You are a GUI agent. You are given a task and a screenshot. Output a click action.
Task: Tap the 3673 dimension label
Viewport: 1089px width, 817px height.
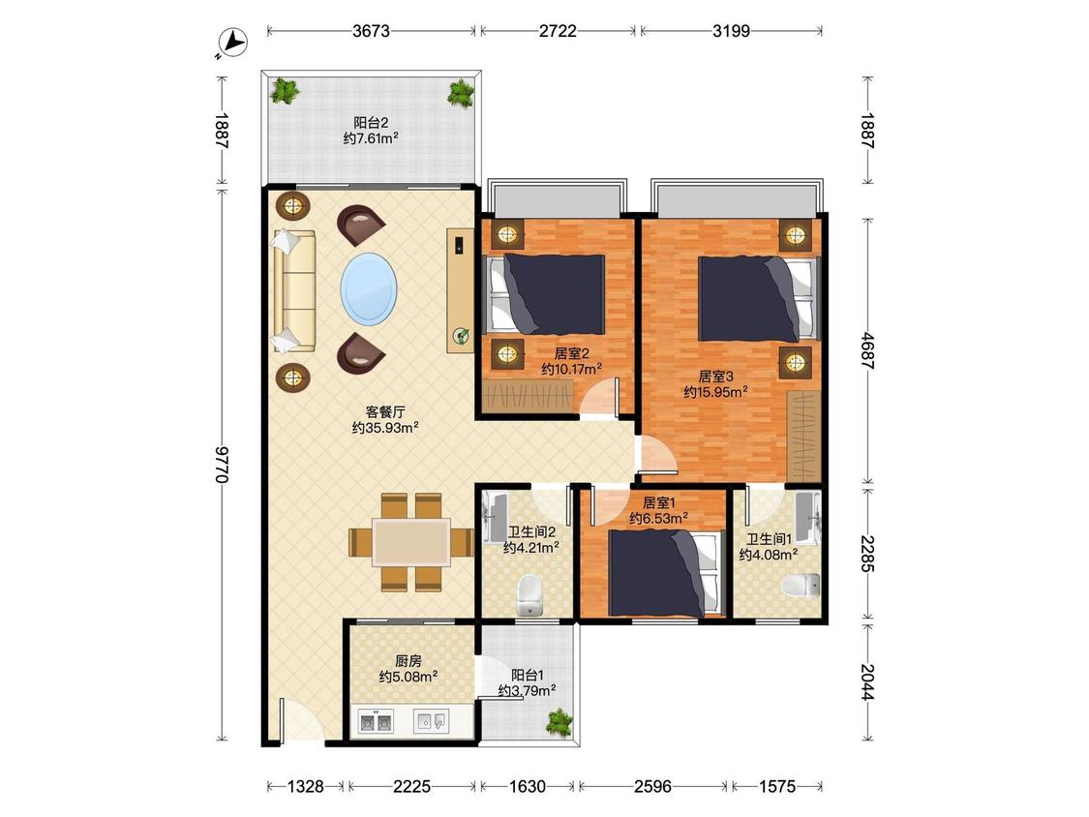pos(371,31)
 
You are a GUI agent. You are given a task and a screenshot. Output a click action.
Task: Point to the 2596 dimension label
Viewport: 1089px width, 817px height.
pos(652,786)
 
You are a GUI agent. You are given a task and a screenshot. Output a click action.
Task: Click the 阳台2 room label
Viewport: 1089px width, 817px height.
pos(371,123)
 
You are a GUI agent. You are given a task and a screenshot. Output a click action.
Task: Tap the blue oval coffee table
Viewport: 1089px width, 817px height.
pos(369,289)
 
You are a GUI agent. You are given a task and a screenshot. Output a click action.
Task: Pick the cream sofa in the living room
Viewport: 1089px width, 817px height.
pos(294,291)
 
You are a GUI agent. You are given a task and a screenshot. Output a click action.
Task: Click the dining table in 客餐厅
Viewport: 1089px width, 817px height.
pos(411,542)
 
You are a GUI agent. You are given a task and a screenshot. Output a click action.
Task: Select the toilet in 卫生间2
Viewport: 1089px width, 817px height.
pos(529,594)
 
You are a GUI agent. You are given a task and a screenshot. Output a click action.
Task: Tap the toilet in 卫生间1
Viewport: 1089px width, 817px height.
pos(801,585)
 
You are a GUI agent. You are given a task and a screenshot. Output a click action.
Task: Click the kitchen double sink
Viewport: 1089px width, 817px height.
pos(376,722)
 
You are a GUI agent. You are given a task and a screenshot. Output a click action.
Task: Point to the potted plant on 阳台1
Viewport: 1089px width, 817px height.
pos(560,722)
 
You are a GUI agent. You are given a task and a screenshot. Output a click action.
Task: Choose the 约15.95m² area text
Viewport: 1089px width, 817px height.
pos(715,392)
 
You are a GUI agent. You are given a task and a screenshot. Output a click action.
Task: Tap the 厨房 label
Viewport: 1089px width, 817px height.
pos(408,661)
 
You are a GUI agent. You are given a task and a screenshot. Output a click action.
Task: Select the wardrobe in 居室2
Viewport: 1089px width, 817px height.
pos(529,396)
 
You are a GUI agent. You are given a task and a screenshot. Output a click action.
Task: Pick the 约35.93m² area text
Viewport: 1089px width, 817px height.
pos(384,428)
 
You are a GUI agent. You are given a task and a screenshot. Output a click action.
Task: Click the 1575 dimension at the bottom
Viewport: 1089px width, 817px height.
pos(777,786)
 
